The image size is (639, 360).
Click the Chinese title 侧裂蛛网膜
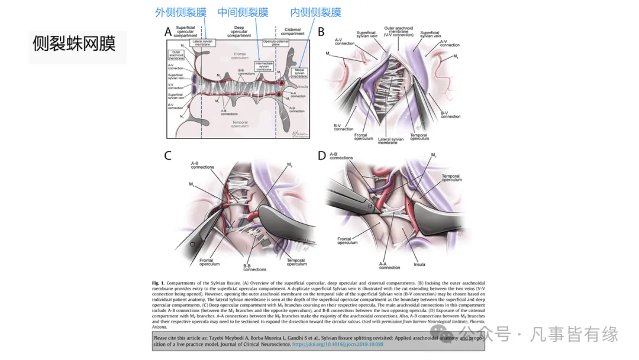75,44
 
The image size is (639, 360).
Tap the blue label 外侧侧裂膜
180,12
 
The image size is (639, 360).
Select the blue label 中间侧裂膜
243,12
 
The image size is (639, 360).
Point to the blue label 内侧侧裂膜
316,12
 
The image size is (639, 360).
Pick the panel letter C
168,156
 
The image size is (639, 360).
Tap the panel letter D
322,156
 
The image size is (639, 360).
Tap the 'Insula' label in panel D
419,264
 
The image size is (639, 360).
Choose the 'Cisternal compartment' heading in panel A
292,31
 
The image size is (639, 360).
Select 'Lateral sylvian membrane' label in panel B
391,141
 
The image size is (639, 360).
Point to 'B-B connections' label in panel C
255,267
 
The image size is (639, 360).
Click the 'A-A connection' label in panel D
390,265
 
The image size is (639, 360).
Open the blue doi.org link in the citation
338,344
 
